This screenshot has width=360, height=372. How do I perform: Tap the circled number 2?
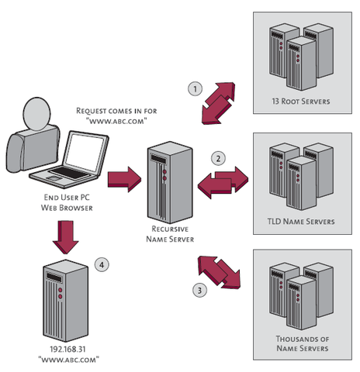click(219, 158)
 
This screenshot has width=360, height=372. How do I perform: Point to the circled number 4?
click(101, 265)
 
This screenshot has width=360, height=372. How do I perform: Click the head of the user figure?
click(34, 116)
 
